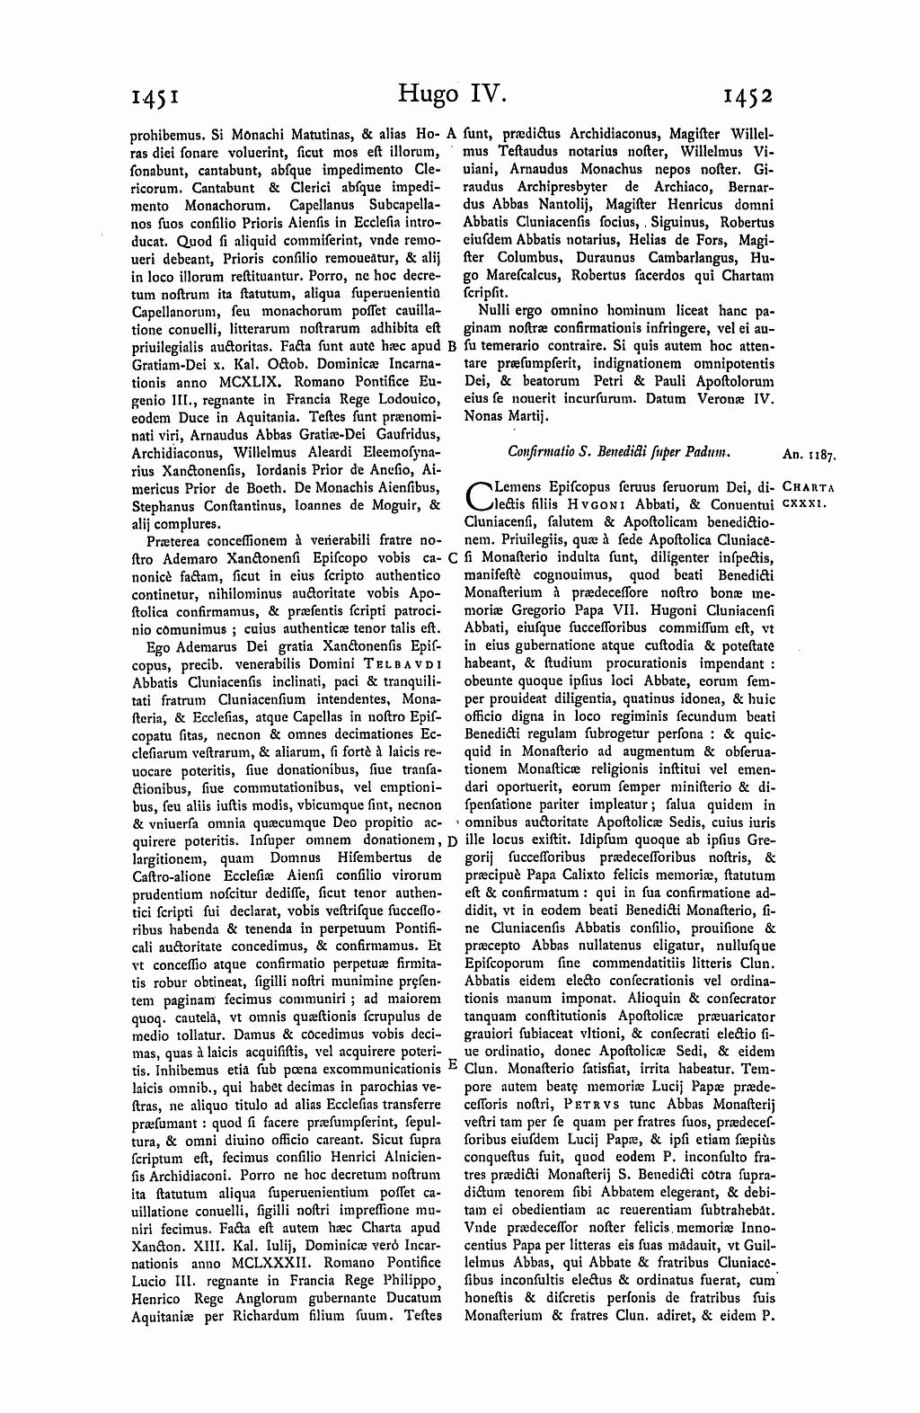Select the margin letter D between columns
pos(452,840)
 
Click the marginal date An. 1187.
pos(805,456)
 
